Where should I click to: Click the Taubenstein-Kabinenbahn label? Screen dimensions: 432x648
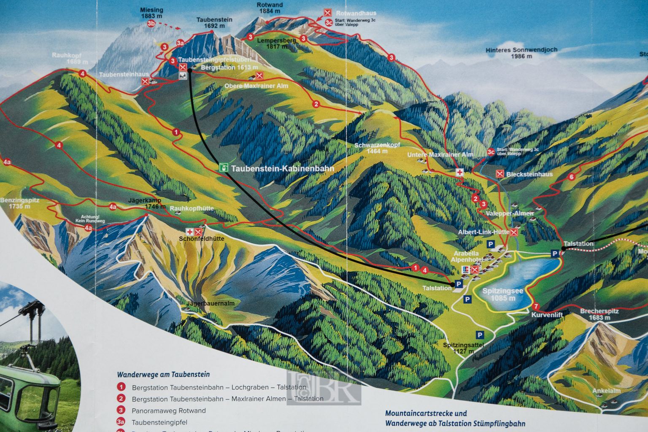(282, 169)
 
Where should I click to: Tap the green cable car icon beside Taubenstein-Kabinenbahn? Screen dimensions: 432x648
(224, 167)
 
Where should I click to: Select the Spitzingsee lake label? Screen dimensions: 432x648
(502, 294)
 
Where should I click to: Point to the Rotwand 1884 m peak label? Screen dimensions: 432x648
(270, 8)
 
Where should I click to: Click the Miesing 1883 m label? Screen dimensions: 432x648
(151, 13)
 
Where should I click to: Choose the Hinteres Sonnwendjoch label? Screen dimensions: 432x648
(521, 53)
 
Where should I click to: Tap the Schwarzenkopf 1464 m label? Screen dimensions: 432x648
(377, 148)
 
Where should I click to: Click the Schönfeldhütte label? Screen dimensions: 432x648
(201, 239)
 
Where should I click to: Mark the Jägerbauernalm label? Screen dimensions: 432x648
(211, 303)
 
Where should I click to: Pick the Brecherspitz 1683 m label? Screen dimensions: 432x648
(599, 314)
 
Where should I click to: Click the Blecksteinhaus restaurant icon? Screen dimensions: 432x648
(500, 174)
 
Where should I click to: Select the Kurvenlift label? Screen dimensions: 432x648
(547, 315)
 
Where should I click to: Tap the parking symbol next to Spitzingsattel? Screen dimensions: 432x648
(480, 335)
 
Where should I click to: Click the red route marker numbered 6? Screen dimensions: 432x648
(572, 177)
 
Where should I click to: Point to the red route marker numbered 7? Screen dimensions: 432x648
(536, 307)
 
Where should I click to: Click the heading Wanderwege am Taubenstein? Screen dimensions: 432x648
(163, 375)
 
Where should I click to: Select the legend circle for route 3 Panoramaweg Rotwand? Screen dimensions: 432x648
(121, 410)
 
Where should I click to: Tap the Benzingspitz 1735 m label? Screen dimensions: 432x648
(20, 203)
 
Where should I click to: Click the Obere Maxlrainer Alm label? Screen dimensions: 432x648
(256, 86)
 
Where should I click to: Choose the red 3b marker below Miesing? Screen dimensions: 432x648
(151, 24)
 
